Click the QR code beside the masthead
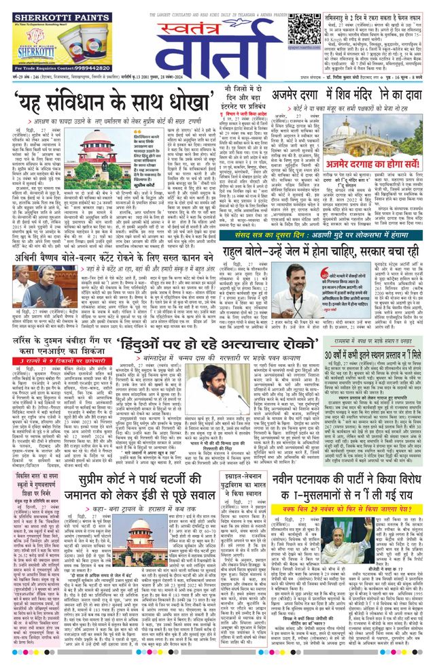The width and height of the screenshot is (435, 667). [302, 28]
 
